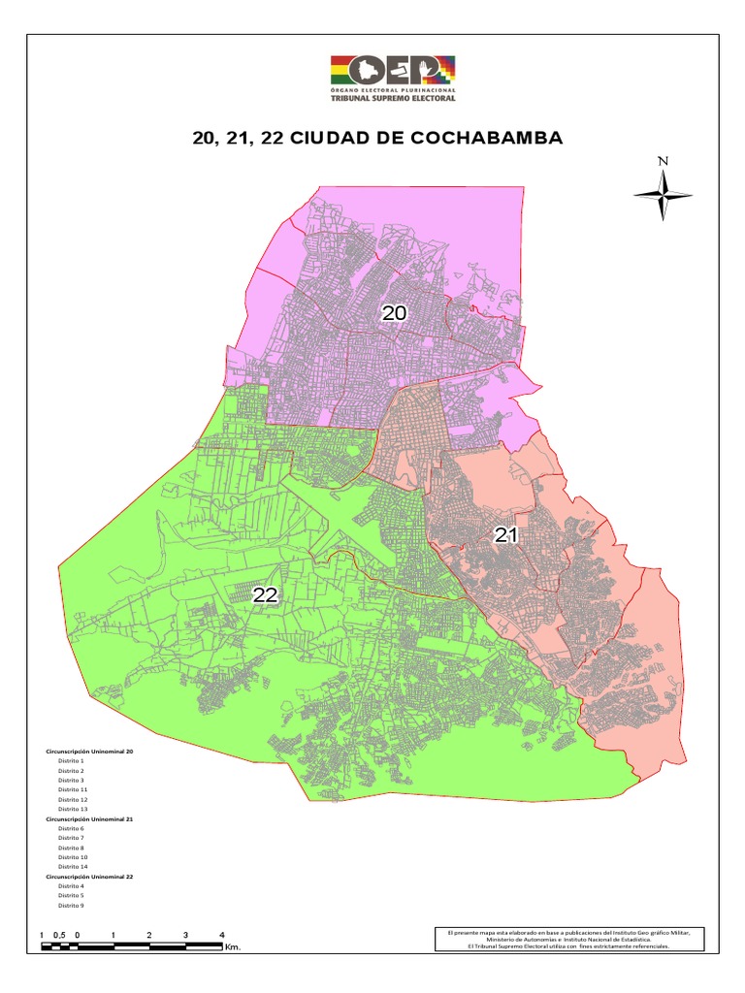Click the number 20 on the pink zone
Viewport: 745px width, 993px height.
[393, 312]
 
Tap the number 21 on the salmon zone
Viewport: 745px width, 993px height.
[506, 534]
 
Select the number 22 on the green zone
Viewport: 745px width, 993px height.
[266, 595]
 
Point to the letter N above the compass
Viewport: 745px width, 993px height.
[663, 161]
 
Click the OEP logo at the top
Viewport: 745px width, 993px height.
[393, 70]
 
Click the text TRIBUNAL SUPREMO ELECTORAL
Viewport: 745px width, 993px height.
[393, 97]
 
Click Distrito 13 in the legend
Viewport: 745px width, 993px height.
[73, 809]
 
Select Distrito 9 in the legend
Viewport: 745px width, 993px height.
[71, 905]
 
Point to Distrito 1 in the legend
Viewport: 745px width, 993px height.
[71, 761]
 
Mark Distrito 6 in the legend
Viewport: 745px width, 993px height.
[71, 829]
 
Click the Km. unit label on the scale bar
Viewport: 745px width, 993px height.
[232, 946]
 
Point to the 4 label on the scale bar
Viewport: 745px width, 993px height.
[222, 935]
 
